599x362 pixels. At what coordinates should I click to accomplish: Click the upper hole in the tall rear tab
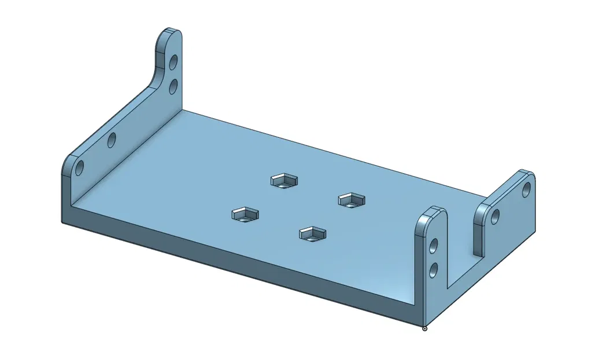tap(172, 62)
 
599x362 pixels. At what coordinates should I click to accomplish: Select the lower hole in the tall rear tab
tap(172, 87)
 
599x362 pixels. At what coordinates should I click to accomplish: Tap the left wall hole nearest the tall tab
tap(112, 140)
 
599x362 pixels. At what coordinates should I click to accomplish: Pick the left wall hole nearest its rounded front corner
tap(79, 168)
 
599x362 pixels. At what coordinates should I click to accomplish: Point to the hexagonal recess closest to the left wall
tap(245, 215)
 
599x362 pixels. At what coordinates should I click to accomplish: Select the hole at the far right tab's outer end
tap(526, 189)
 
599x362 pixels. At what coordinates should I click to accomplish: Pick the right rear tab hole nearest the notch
tap(496, 217)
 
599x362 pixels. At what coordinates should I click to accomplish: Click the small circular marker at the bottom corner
tap(425, 328)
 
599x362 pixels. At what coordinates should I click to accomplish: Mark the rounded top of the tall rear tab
tap(169, 34)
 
